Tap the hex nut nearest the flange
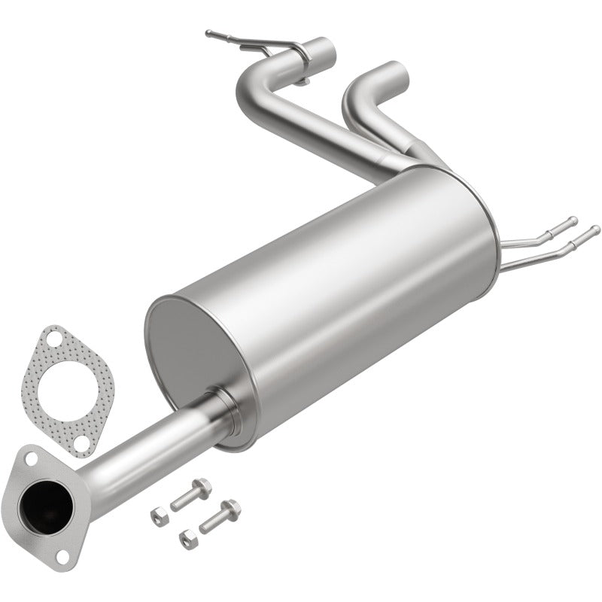159,516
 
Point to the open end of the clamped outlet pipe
319,46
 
